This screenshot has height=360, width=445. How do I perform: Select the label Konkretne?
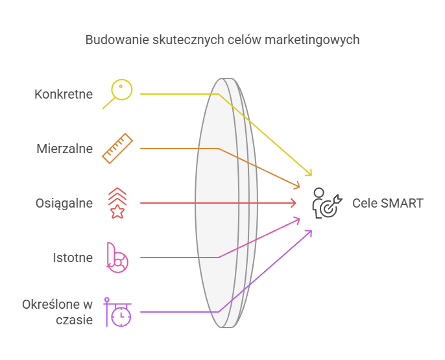64,94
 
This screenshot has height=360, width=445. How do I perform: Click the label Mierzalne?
64,149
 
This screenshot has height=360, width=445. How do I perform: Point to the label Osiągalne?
64,203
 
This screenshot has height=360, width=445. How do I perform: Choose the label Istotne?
73,258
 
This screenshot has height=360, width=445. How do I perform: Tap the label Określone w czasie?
57,311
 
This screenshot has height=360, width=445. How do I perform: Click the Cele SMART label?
388,203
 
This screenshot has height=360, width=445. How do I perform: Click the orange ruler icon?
117,149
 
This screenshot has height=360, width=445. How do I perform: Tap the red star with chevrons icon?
117,203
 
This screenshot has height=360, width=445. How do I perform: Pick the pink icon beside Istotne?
117,258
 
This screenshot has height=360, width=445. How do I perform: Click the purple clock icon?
119,313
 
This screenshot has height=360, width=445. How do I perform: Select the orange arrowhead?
297,186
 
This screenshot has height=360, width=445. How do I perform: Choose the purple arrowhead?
309,233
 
